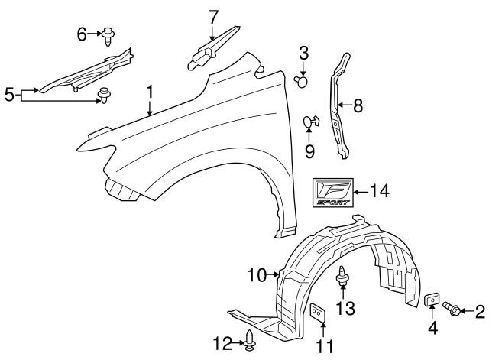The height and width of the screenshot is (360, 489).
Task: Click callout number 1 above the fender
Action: [150, 92]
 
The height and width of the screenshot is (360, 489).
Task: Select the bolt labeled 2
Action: [451, 309]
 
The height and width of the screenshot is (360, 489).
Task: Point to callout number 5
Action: [9, 95]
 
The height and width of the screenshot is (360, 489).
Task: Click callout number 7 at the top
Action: [213, 16]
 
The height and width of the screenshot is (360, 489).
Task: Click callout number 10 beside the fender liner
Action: [255, 273]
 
